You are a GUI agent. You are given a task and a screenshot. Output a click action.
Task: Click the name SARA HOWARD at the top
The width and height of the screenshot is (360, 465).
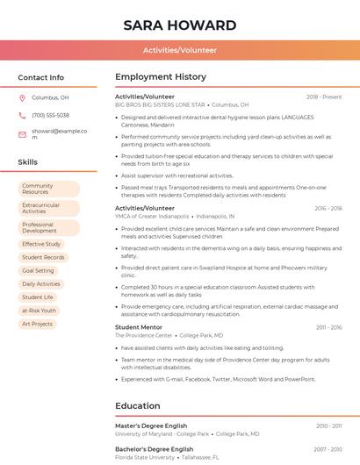(180, 25)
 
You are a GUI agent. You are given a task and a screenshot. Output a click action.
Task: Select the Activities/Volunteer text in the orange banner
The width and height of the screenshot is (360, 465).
(180, 50)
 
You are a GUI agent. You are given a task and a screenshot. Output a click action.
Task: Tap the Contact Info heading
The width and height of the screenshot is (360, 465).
(41, 77)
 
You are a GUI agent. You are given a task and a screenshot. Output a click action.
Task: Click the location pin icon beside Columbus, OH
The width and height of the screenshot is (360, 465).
(22, 98)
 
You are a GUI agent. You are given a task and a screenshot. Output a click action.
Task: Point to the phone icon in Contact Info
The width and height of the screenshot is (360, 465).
(22, 115)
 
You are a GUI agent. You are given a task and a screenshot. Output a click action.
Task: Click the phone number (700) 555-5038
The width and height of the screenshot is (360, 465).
(50, 115)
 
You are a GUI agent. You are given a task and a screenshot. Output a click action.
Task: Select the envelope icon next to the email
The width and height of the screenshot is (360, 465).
(22, 131)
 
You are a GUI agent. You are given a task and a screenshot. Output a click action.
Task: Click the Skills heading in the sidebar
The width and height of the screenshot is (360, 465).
(28, 162)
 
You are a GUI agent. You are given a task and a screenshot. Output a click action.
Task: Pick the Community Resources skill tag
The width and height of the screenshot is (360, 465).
(48, 189)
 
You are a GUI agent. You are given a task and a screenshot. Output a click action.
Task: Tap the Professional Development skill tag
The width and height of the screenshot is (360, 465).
(48, 227)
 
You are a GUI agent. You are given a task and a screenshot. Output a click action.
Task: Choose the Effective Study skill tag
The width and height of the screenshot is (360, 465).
(41, 244)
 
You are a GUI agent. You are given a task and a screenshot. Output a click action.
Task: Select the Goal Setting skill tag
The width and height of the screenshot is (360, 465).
(38, 270)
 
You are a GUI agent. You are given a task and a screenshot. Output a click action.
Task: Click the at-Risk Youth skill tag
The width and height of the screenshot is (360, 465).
(39, 311)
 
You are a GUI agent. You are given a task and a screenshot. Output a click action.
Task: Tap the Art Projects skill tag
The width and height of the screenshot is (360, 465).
(37, 324)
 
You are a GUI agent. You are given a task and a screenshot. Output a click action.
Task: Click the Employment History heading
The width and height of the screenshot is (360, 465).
(161, 77)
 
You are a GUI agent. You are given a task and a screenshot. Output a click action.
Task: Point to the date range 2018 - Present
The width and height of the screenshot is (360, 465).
(324, 97)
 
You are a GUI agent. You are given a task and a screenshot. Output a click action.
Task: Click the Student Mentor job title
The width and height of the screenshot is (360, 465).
(139, 327)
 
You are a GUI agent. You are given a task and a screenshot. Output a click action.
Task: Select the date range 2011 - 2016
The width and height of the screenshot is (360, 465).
(329, 327)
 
